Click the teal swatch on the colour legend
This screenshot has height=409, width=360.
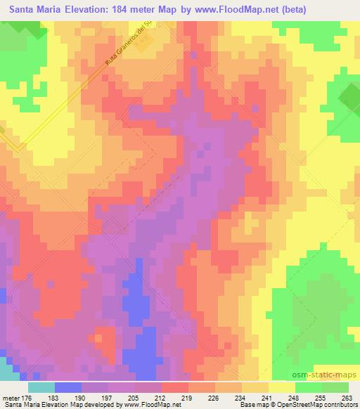(x=41, y=387)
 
